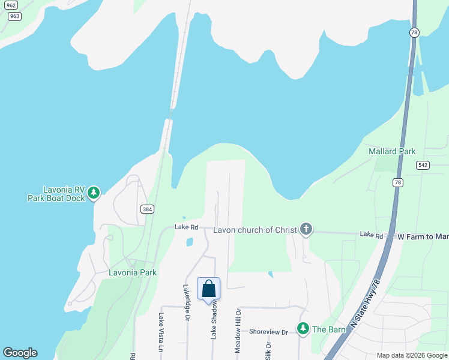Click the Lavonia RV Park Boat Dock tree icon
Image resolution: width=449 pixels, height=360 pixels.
pos(93,193)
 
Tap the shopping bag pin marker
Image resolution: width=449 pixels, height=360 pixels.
pos(208,289)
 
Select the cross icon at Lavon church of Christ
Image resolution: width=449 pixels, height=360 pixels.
pos(306,229)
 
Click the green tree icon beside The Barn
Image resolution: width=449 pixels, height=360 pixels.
pos(303,328)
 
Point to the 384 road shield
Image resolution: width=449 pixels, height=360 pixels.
pos(147,209)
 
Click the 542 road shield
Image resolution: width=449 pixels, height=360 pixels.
pos(423,165)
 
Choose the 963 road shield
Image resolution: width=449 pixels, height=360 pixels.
pos(14,16)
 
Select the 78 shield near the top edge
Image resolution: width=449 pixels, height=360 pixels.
pos(414,33)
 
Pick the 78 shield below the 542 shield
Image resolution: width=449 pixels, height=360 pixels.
pos(397,183)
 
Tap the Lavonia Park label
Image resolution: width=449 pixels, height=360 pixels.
pos(133,272)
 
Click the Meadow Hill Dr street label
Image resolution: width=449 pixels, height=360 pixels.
pos(238,331)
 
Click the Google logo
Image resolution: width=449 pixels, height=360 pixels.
pos(20,353)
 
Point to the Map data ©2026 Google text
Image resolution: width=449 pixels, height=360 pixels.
pos(411,355)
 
